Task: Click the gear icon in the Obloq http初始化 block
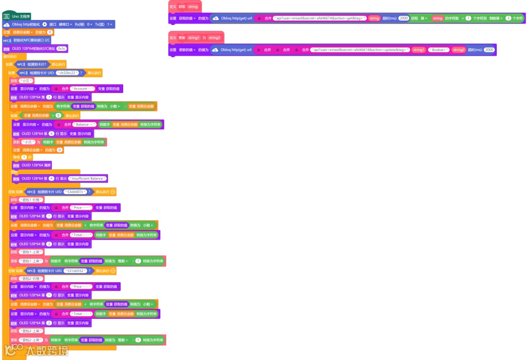[44, 24]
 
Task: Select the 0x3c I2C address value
[62, 48]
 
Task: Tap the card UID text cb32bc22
[67, 73]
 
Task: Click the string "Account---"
[83, 89]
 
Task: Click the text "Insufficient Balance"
[88, 179]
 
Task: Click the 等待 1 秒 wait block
[23, 157]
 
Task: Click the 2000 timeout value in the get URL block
[404, 18]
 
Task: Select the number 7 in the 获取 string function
[468, 18]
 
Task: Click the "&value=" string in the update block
[438, 50]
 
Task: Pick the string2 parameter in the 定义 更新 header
[214, 38]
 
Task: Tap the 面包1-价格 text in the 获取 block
[30, 200]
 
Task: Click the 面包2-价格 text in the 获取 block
[30, 278]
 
